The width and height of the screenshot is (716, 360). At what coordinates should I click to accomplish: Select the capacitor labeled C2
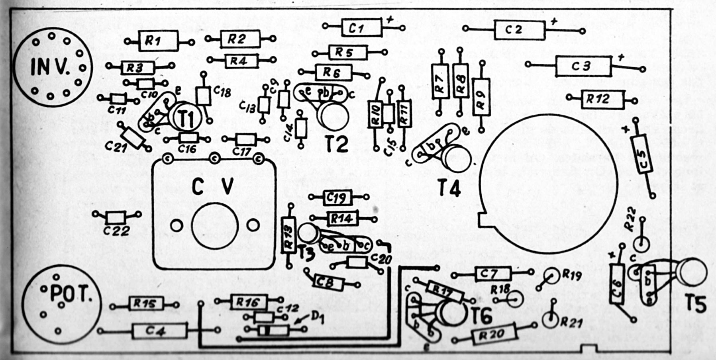click(519, 30)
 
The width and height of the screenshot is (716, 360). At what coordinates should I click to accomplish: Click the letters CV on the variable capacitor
click(212, 186)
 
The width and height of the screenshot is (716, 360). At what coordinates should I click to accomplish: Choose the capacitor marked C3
click(583, 66)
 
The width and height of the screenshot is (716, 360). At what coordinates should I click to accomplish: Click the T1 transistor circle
click(184, 117)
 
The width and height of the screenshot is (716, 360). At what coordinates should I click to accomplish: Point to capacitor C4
click(159, 331)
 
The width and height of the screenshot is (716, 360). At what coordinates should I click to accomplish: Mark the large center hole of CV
click(214, 226)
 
